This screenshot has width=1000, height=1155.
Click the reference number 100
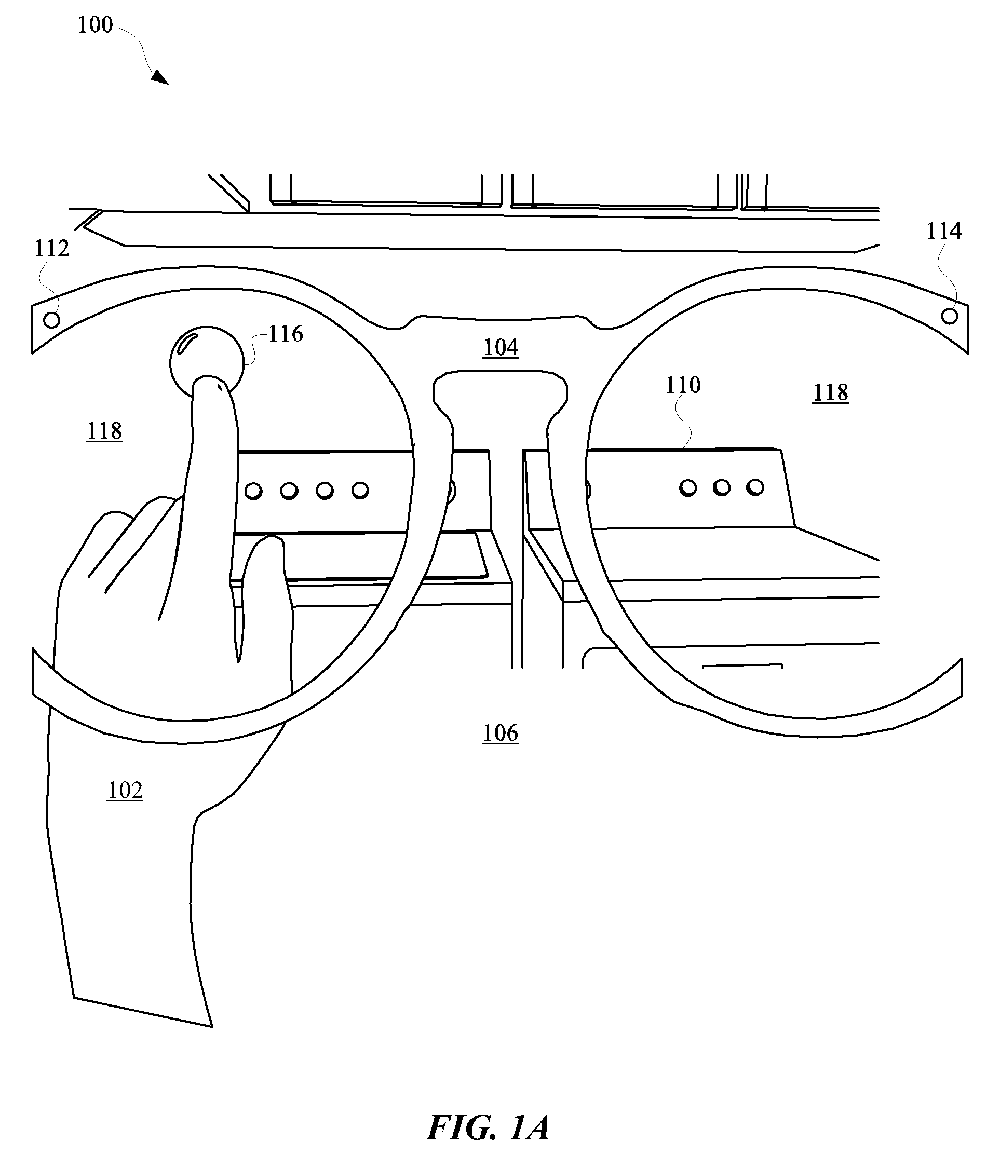click(x=95, y=25)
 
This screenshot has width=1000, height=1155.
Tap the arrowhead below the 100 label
click(x=159, y=77)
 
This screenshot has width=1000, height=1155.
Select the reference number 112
click(x=52, y=248)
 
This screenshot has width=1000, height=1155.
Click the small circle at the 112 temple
click(x=51, y=320)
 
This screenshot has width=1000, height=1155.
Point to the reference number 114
click(x=943, y=231)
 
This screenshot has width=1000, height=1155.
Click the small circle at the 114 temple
click(x=949, y=316)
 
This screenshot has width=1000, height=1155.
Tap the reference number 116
click(x=286, y=334)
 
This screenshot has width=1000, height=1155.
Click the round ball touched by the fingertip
click(x=207, y=360)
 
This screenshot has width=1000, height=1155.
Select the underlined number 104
click(x=501, y=347)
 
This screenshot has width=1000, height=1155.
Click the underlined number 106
click(x=500, y=733)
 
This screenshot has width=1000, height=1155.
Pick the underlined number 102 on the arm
click(x=125, y=790)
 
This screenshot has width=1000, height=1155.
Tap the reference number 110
click(x=682, y=385)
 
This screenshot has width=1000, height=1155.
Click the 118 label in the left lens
click(x=104, y=431)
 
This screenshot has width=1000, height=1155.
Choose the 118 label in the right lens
click(x=830, y=393)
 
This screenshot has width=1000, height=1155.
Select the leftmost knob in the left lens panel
click(x=253, y=491)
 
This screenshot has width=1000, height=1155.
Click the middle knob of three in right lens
click(x=722, y=487)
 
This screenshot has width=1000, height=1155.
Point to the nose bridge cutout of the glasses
click(x=501, y=407)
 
